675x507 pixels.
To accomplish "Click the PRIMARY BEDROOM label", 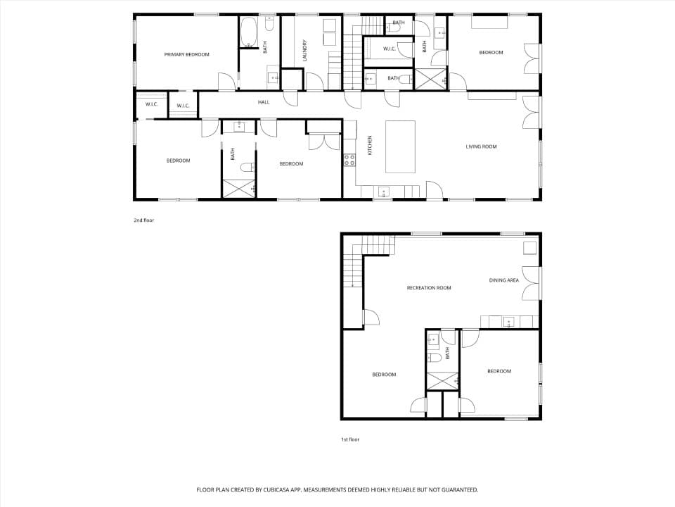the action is pyautogui.click(x=186, y=55).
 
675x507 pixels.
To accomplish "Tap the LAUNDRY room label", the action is pyautogui.click(x=304, y=51).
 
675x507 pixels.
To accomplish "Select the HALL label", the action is pyautogui.click(x=264, y=102).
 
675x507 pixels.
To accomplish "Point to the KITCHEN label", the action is pyautogui.click(x=369, y=145).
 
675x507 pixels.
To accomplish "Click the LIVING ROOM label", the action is pyautogui.click(x=481, y=146).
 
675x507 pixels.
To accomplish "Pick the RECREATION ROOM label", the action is pyautogui.click(x=429, y=287).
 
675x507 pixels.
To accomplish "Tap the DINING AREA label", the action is pyautogui.click(x=503, y=280).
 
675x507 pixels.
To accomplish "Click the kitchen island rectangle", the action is pyautogui.click(x=400, y=146).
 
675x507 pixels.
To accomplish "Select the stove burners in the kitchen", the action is pyautogui.click(x=349, y=161).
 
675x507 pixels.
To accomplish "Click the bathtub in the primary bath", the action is pyautogui.click(x=248, y=33).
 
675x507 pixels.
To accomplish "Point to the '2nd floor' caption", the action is pyautogui.click(x=143, y=220).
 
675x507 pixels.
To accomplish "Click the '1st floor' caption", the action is pyautogui.click(x=350, y=439).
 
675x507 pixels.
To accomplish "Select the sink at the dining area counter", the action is pyautogui.click(x=509, y=322).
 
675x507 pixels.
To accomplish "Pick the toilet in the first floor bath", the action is pyautogui.click(x=434, y=358).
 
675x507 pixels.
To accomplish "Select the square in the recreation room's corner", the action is pyautogui.click(x=529, y=249).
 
